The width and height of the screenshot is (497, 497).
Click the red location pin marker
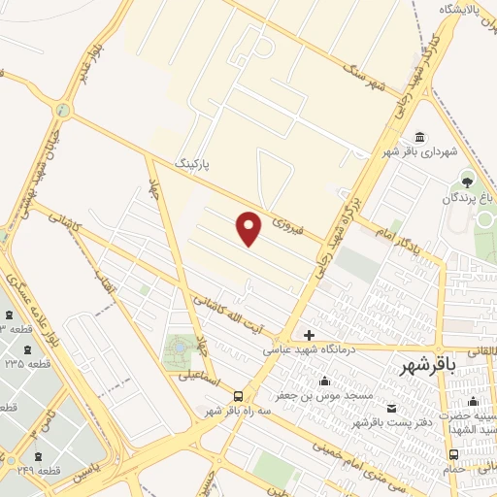pyautogui.click(x=249, y=228)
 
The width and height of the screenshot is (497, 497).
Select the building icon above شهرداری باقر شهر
pyautogui.click(x=418, y=137)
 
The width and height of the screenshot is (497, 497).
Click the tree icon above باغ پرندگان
pyautogui.click(x=468, y=181)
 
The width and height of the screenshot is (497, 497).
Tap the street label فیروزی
pyautogui.click(x=287, y=227)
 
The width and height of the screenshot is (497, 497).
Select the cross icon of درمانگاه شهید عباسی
pyautogui.click(x=309, y=335)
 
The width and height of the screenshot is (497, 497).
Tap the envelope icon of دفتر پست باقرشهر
pyautogui.click(x=392, y=409)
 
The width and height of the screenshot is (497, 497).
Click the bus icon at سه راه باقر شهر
pyautogui.click(x=238, y=395)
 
